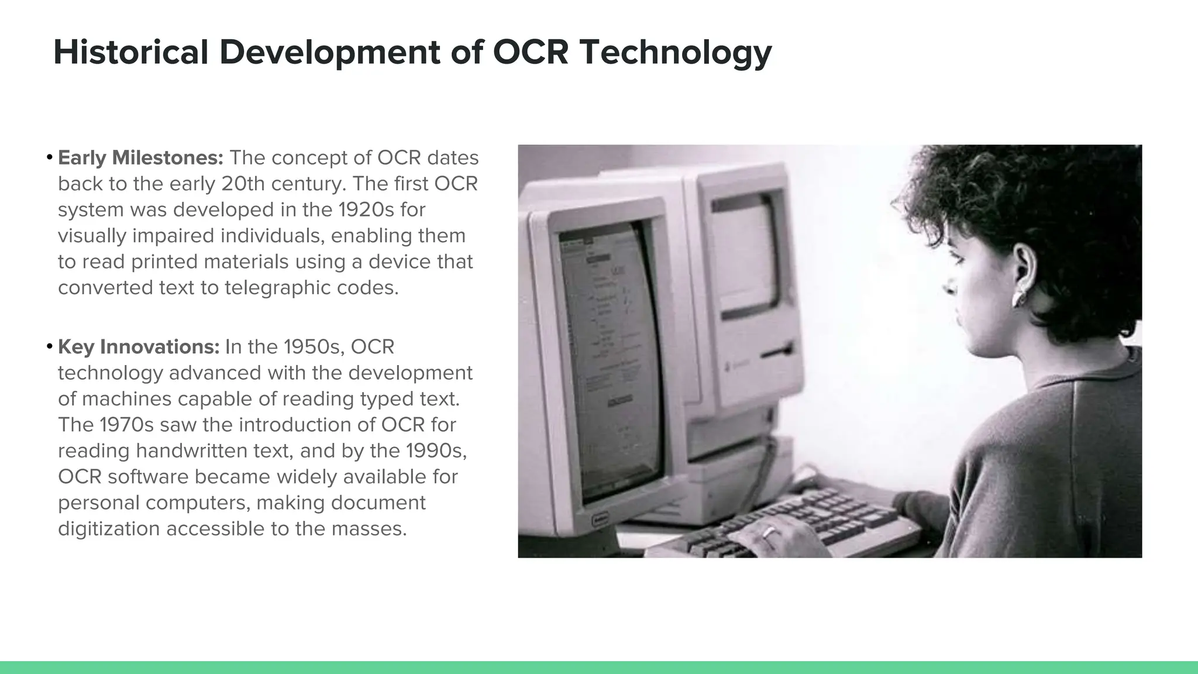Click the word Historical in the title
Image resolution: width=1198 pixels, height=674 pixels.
pos(130,52)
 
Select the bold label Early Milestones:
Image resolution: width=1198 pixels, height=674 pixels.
pos(140,158)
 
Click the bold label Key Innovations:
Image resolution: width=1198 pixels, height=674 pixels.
pos(139,347)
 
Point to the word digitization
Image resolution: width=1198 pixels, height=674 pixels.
pos(109,529)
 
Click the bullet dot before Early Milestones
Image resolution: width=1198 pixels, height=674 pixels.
pos(50,158)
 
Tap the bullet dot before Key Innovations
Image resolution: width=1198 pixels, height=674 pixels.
pos(50,347)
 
